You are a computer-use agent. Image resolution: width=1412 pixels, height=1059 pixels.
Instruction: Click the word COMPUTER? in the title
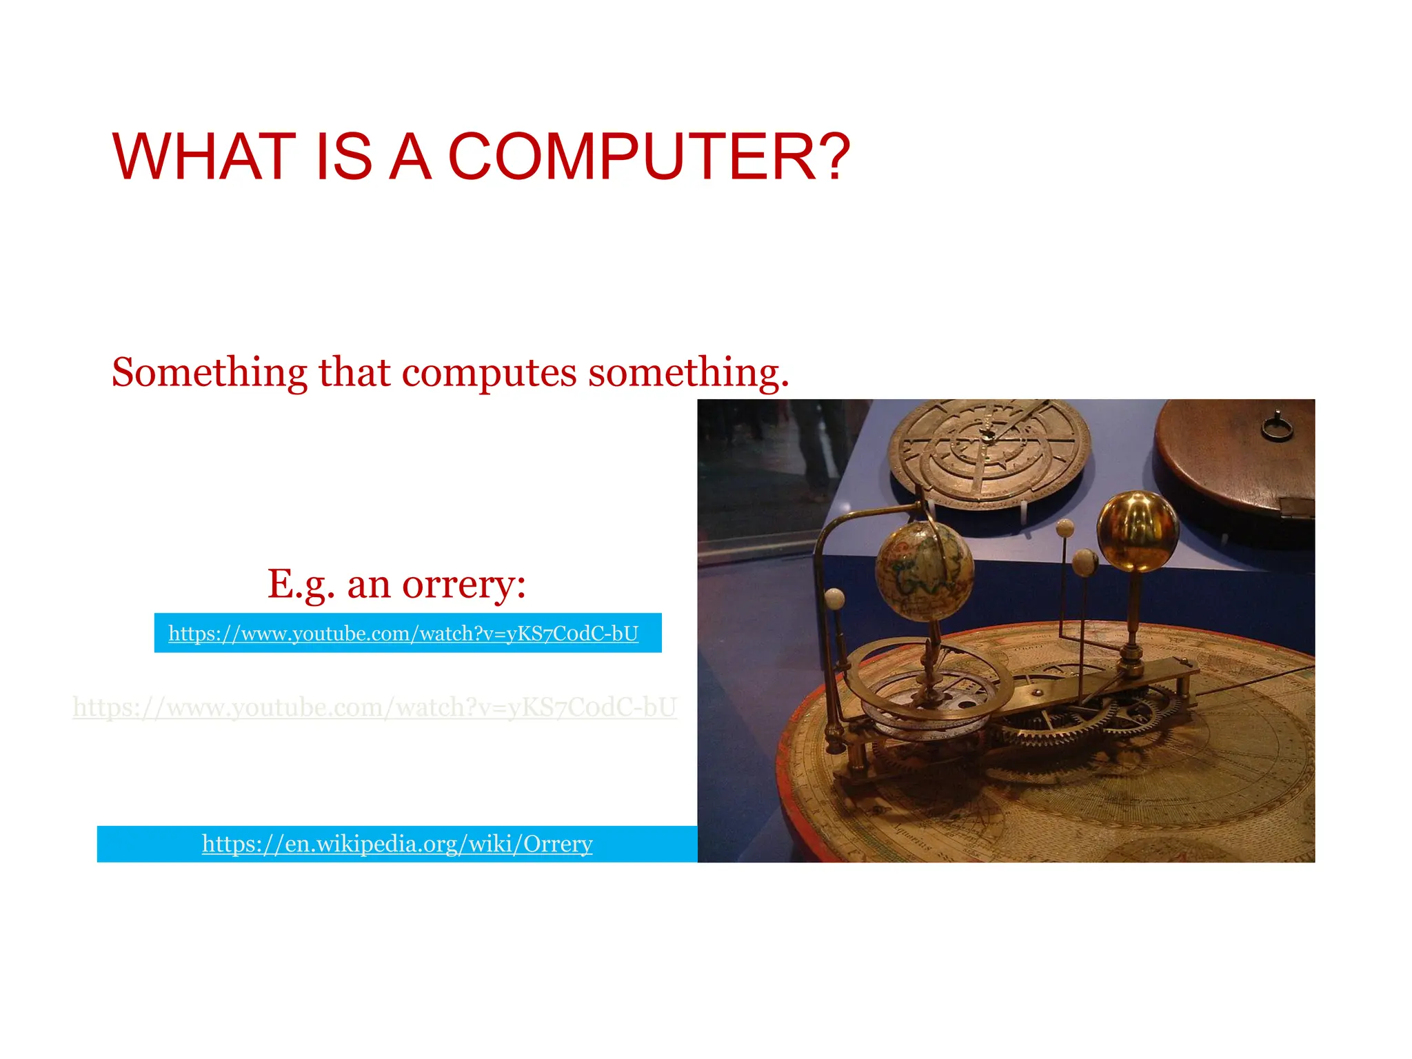pyautogui.click(x=649, y=157)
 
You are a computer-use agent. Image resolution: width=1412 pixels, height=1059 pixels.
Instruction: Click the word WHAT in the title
pyautogui.click(x=205, y=157)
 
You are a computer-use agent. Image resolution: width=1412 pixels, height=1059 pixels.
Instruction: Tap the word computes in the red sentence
pyautogui.click(x=490, y=373)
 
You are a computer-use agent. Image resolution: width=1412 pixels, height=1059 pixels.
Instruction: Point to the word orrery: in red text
pyautogui.click(x=464, y=585)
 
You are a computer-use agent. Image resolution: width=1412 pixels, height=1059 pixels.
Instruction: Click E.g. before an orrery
pyautogui.click(x=301, y=585)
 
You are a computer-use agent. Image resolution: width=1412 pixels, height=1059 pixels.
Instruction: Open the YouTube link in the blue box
pyautogui.click(x=403, y=633)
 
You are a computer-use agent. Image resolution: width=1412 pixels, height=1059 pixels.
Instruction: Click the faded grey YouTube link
pyautogui.click(x=375, y=707)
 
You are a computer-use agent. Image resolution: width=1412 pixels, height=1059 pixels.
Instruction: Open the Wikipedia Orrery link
pyautogui.click(x=397, y=844)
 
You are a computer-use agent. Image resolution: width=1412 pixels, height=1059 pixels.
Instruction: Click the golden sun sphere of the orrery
pyautogui.click(x=1137, y=532)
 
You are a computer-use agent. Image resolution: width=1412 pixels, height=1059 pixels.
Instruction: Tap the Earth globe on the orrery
pyautogui.click(x=924, y=570)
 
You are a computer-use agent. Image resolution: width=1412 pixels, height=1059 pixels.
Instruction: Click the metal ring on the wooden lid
pyautogui.click(x=1276, y=427)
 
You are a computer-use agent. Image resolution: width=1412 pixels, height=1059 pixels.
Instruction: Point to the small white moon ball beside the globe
pyautogui.click(x=834, y=598)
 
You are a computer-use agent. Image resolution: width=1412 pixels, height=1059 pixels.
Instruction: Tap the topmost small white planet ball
pyautogui.click(x=1065, y=529)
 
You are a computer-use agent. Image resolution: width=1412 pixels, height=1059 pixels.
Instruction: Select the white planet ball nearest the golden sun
pyautogui.click(x=1085, y=562)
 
